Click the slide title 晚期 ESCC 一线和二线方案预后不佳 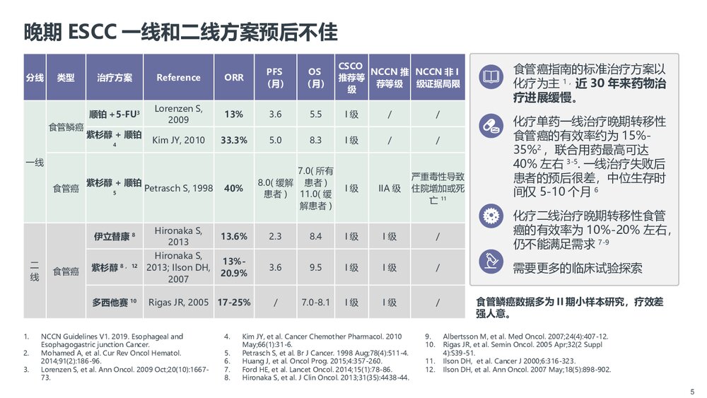(x=180, y=32)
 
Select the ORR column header (x=233, y=78)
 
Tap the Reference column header (x=178, y=78)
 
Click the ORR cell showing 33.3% (x=233, y=140)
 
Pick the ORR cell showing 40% (x=233, y=189)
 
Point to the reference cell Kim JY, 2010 (x=178, y=140)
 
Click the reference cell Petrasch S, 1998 (x=178, y=189)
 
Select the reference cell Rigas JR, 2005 (x=178, y=303)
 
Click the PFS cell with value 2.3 (x=275, y=236)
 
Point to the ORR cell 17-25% (x=233, y=303)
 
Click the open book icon (x=489, y=76)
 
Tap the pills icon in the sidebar (x=489, y=127)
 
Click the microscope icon (x=489, y=261)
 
